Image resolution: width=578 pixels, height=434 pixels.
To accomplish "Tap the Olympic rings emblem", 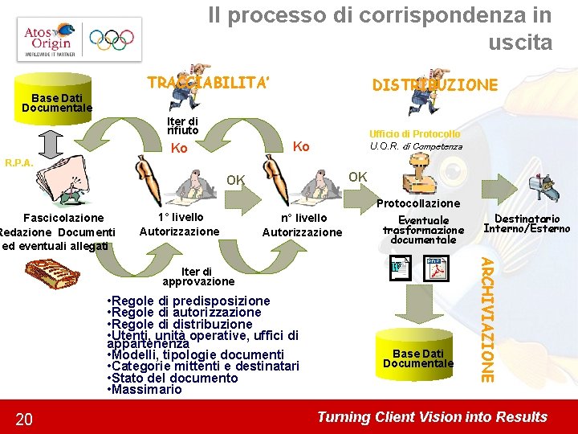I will point(112,39).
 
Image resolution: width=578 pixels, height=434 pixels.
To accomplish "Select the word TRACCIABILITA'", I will point(208,83).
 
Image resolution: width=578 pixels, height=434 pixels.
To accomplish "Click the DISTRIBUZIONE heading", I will point(434,84).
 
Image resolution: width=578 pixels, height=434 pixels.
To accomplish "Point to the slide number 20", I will point(24,419).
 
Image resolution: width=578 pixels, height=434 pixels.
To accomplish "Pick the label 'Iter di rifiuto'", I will point(183,125).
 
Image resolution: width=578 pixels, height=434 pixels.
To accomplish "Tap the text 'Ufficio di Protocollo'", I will point(414,134).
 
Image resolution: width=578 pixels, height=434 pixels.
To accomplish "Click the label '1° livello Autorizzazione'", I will point(179,224).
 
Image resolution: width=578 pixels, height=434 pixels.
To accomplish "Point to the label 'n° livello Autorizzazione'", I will point(303,224).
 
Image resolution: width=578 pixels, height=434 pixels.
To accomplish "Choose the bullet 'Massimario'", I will point(146,390).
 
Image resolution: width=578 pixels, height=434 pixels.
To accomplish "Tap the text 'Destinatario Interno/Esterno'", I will point(527,223).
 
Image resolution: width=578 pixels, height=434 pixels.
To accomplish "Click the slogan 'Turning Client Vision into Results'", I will point(432,417).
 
